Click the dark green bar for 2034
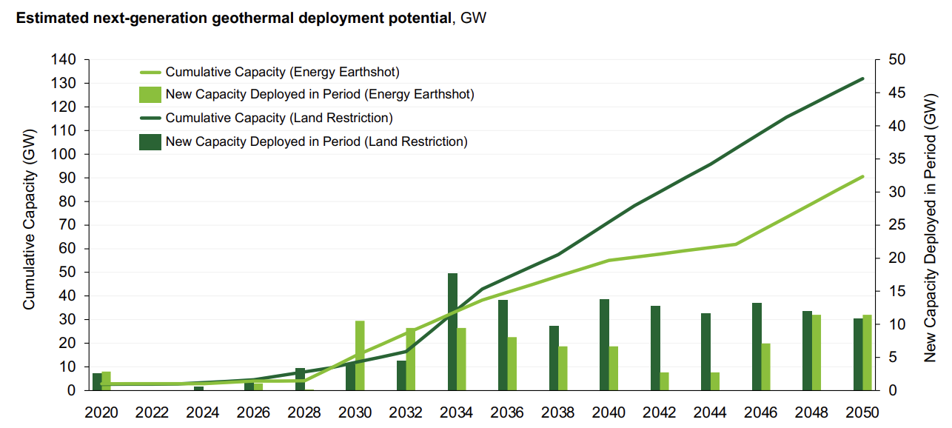[x=452, y=332]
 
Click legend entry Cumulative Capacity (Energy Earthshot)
[x=282, y=72]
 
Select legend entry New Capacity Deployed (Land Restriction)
[x=316, y=141]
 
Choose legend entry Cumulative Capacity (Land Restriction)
[x=278, y=118]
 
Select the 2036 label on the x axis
[x=507, y=412]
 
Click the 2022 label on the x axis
[x=152, y=412]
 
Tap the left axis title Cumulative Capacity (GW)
[x=30, y=225]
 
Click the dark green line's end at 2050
[x=863, y=78]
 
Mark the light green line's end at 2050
[x=863, y=176]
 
